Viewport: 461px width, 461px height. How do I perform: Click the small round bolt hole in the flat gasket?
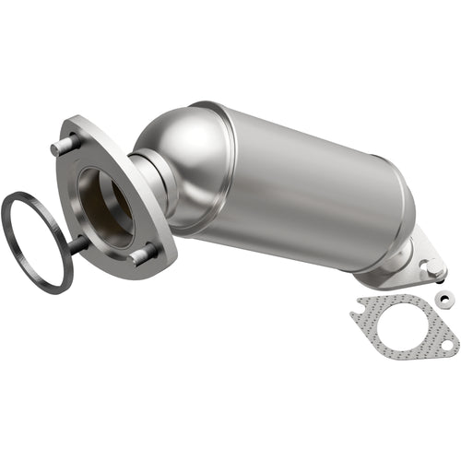tap(447, 347)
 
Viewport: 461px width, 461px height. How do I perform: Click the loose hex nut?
tap(444, 297)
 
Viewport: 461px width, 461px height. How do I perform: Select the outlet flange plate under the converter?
tap(406, 267)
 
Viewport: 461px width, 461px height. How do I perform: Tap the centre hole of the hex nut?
tap(444, 297)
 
